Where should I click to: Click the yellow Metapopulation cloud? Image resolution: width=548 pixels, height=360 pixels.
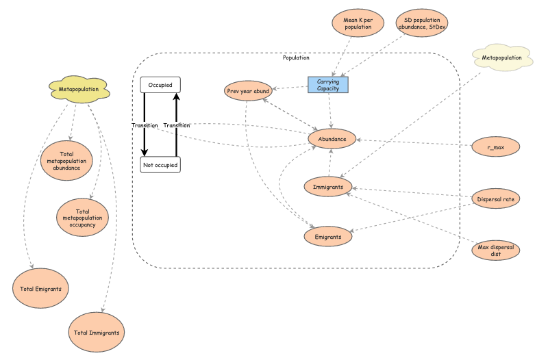[78, 89]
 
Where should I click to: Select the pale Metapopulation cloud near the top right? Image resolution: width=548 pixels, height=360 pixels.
[506, 59]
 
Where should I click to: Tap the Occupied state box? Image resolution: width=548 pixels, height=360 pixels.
[160, 85]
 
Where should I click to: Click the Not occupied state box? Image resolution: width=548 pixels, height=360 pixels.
[160, 165]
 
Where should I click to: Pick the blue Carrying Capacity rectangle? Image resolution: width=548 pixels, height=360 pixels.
[328, 85]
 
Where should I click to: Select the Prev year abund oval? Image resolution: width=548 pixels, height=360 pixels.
[248, 90]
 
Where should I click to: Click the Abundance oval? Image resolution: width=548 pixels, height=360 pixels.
[332, 139]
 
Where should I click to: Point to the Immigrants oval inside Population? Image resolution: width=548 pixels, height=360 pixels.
[328, 186]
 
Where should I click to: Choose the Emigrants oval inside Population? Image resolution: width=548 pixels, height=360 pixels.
[328, 236]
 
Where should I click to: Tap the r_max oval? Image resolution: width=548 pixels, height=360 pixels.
[496, 146]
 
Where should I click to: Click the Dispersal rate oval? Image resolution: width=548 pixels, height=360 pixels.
[496, 199]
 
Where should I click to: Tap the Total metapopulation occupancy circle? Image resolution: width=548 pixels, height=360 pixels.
[82, 217]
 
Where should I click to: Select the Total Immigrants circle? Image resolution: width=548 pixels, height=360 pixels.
[97, 333]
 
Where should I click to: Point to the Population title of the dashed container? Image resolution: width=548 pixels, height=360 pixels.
[296, 58]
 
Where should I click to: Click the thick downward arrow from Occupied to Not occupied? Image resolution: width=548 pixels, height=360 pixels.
[145, 125]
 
